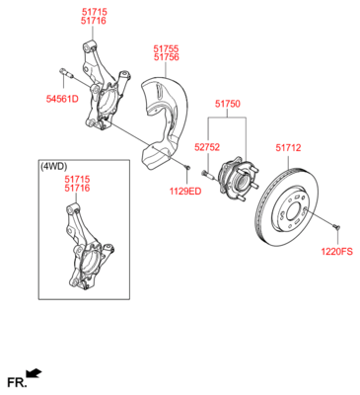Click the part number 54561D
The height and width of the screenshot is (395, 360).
coord(62,99)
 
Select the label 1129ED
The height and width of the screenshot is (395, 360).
coord(185,192)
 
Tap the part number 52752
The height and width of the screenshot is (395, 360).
coord(207,147)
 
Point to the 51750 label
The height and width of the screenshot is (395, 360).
coord(228,104)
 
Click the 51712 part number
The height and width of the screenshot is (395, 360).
coord(288,148)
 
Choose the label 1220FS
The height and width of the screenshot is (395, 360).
coord(337,252)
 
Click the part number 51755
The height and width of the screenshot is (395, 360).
coord(166,48)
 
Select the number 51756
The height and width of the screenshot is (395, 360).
coord(167,57)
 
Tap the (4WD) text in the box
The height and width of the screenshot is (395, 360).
coord(53,167)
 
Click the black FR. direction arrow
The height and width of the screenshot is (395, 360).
coord(35,373)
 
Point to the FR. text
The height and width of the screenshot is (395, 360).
coord(17,382)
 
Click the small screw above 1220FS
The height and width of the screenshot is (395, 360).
coord(336,226)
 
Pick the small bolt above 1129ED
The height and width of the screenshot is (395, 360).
coord(187,168)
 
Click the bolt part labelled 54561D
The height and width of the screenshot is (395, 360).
coord(65,72)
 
